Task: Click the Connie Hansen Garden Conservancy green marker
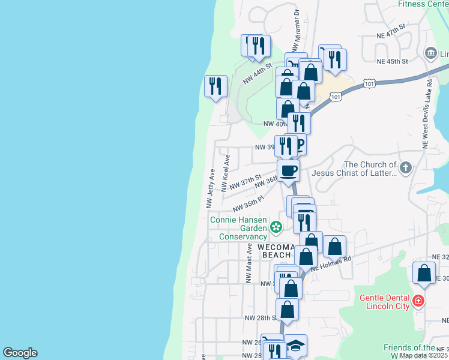click(x=276, y=227)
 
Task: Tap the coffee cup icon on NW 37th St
click(x=289, y=170)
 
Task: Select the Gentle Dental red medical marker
click(x=418, y=300)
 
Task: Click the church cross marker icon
click(x=406, y=168)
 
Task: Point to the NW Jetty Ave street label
click(x=211, y=188)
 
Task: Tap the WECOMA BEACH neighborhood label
click(x=277, y=251)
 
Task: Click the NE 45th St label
click(x=393, y=61)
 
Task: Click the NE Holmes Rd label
click(x=331, y=263)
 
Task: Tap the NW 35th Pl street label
click(x=249, y=203)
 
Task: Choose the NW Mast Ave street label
click(x=249, y=263)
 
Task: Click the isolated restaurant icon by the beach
click(x=215, y=86)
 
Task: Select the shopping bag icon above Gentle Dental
click(x=424, y=272)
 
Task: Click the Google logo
click(x=20, y=353)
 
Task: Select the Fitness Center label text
click(x=423, y=4)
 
